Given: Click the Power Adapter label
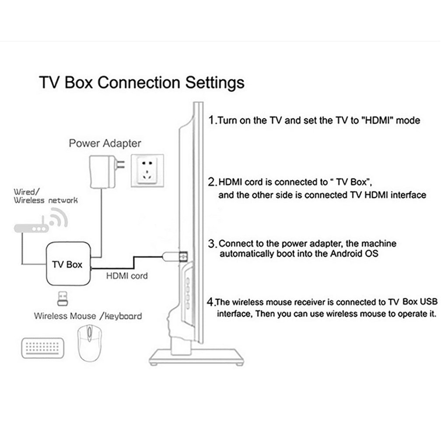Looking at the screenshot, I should point(105,143).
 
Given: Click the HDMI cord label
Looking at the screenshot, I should point(127,276).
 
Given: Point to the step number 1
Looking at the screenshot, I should point(212,120).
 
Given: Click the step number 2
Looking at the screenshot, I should point(212,182).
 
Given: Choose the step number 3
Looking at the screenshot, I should point(212,243).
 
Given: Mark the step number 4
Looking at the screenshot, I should point(211,301).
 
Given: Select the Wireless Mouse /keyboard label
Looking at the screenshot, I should point(88,315).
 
